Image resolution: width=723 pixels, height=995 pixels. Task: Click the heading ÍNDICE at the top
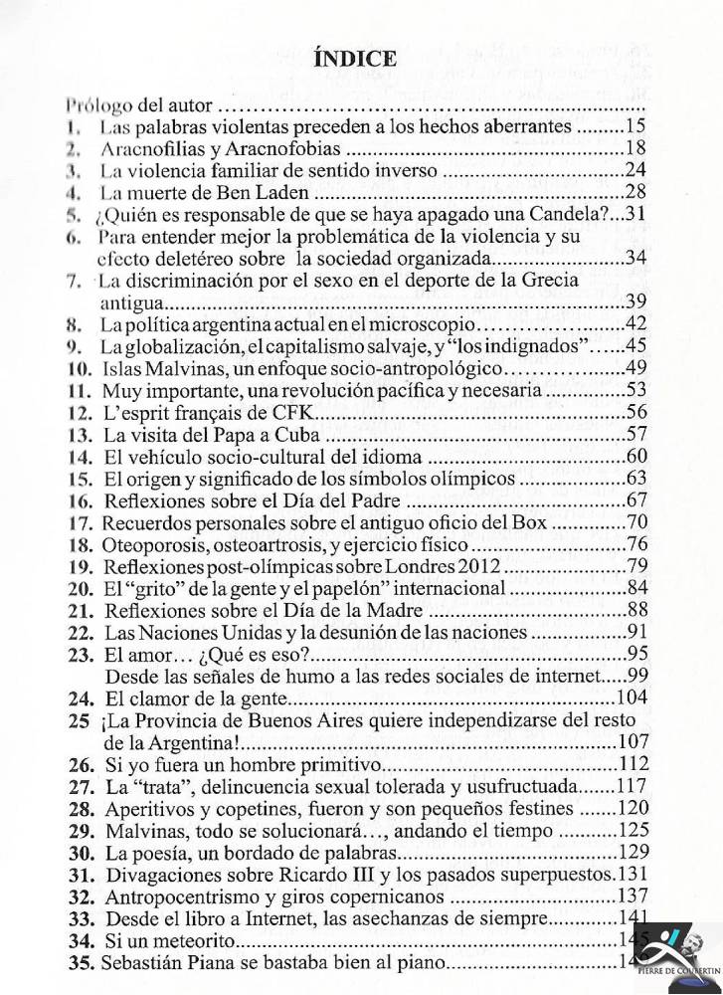(x=355, y=58)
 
